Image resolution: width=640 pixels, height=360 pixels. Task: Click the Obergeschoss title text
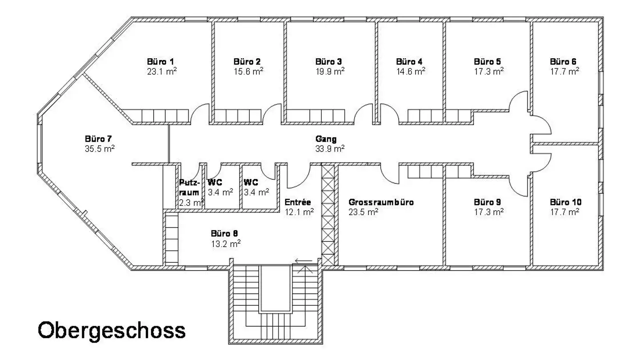coord(112,331)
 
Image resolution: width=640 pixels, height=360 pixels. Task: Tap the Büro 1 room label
coord(160,61)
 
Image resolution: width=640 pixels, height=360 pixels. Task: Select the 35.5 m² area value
coord(100,148)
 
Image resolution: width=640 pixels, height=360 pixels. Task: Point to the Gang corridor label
coord(326,139)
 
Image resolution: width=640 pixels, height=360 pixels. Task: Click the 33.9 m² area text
coord(330,148)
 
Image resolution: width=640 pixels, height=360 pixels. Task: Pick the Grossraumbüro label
coord(381,202)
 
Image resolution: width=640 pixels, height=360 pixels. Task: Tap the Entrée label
coord(297,202)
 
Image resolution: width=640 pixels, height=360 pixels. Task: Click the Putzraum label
coord(189,188)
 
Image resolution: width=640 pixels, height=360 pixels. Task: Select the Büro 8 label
coord(224,233)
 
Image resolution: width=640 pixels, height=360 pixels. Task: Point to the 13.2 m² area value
coord(226,244)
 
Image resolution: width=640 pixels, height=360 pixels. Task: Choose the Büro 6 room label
coord(563,61)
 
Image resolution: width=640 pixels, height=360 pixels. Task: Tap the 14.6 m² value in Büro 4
coord(411,71)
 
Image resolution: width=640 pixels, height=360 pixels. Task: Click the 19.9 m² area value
coord(330,71)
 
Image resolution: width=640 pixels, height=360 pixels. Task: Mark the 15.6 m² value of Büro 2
coord(248,71)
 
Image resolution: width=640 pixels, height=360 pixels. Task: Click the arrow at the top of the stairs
coord(304,261)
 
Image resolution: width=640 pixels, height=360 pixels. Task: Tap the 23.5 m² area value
coord(363,212)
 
